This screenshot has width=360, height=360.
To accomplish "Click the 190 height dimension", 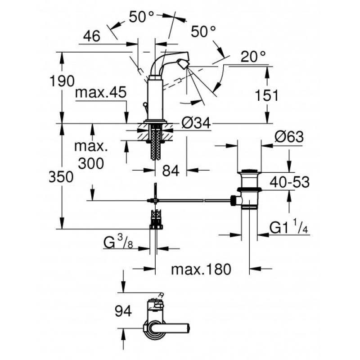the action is click(x=62, y=81).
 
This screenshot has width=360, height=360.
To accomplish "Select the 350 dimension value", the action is click(x=61, y=177).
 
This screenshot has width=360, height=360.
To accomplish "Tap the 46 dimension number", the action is click(x=92, y=36).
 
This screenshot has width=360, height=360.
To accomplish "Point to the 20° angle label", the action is click(x=253, y=57).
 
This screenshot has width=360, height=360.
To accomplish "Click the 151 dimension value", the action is click(x=266, y=95).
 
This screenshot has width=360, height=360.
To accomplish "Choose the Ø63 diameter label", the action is click(x=289, y=137).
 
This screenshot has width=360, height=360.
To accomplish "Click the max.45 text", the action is click(x=101, y=92).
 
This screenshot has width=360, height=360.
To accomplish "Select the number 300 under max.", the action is click(x=91, y=163).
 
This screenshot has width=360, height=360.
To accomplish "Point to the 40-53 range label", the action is click(x=289, y=182).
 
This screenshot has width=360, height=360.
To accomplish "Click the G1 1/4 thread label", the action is click(x=288, y=227).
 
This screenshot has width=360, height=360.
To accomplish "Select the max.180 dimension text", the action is click(x=201, y=269).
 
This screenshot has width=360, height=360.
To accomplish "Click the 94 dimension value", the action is click(x=123, y=311).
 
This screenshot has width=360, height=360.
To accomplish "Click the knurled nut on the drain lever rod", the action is click(x=233, y=200).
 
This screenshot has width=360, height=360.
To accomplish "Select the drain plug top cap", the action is click(x=249, y=171).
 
